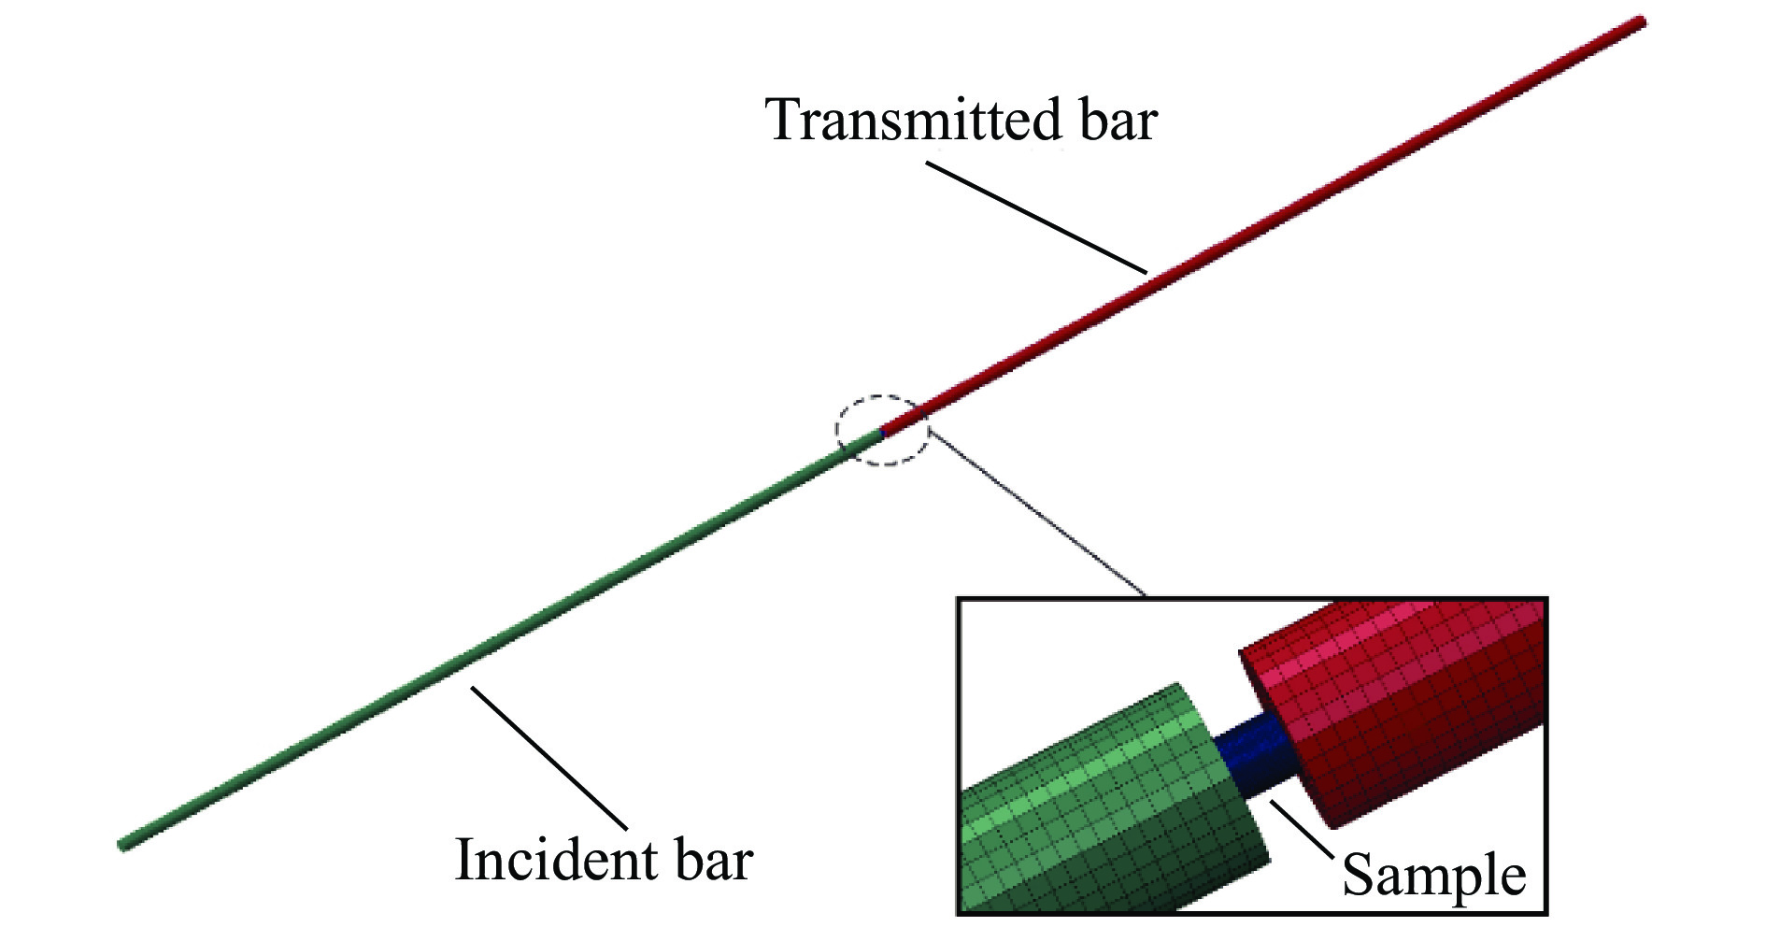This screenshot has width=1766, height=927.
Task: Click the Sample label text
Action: point(1433,877)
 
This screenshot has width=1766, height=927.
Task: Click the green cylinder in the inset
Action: point(1103,813)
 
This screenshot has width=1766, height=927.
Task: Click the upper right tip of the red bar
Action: point(1639,21)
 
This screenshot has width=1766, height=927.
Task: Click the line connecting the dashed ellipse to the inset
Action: point(1037,514)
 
